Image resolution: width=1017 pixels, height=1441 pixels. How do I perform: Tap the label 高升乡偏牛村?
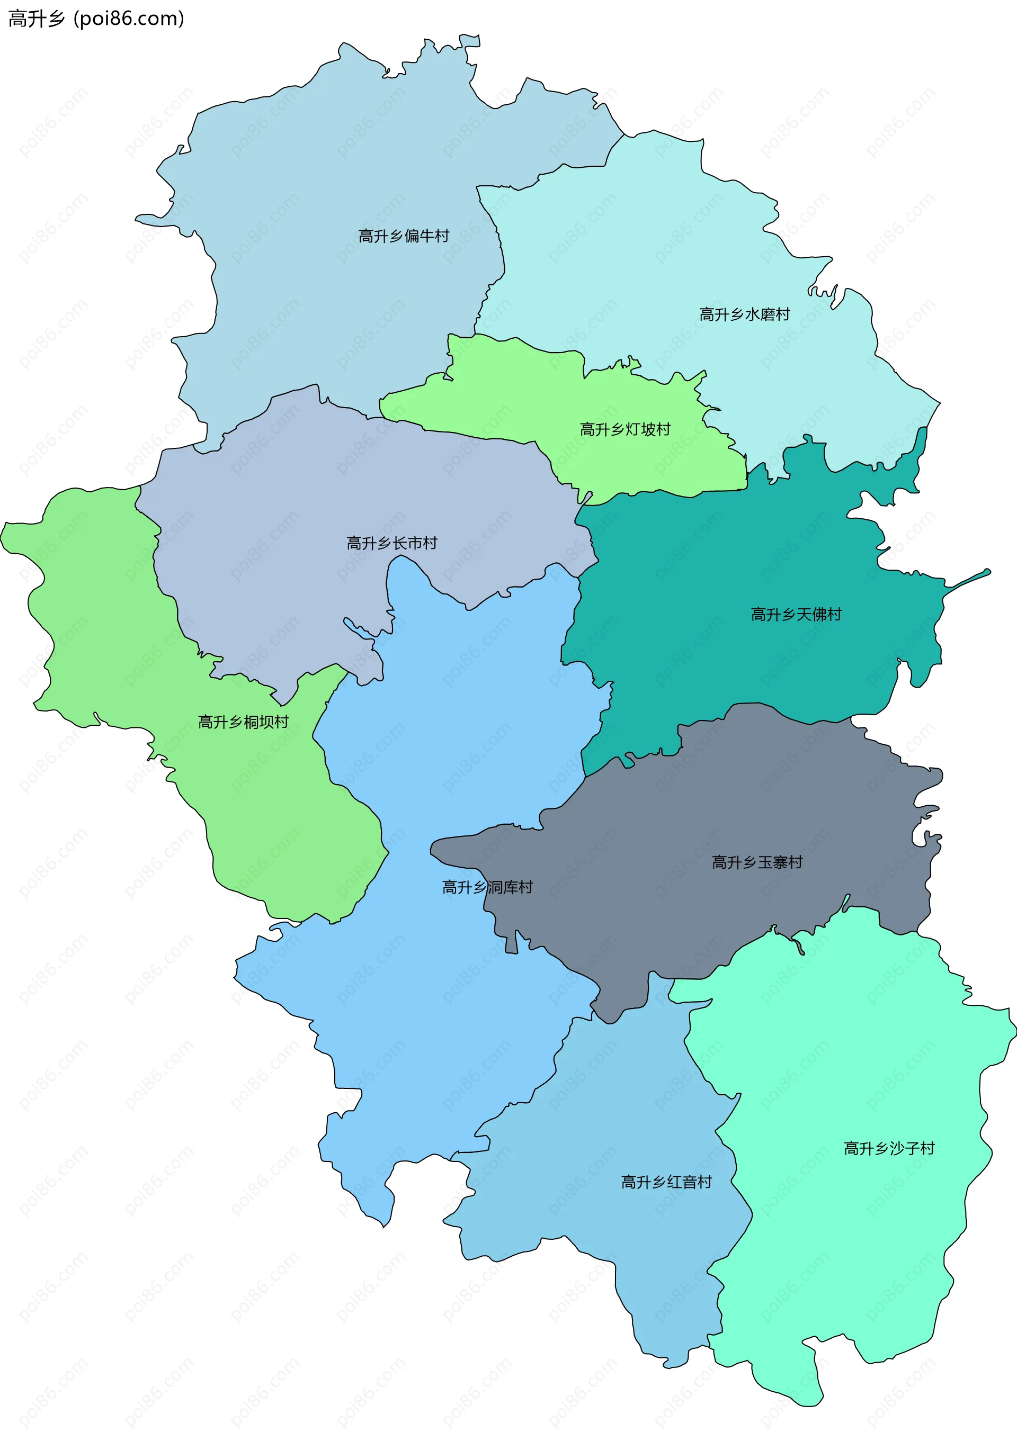click(404, 236)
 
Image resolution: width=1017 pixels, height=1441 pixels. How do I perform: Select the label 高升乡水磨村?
click(745, 314)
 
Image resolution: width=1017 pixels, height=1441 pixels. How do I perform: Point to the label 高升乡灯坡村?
click(625, 429)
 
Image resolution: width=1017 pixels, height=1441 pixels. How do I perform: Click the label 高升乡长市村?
click(392, 543)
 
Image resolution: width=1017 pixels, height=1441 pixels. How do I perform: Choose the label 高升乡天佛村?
click(796, 615)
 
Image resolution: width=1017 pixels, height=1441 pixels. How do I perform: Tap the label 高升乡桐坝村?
click(244, 722)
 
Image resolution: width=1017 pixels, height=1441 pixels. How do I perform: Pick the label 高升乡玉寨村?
click(757, 862)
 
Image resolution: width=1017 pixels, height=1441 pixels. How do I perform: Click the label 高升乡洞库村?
click(487, 887)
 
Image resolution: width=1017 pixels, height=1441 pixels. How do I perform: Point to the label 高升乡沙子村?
click(889, 1149)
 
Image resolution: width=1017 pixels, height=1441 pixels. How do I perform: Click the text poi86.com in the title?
click(129, 19)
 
